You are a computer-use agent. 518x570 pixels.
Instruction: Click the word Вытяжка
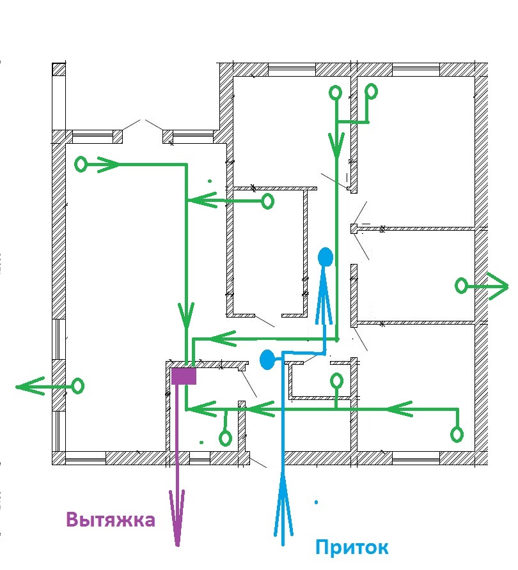coord(111,520)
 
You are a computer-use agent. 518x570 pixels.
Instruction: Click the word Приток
coord(352,548)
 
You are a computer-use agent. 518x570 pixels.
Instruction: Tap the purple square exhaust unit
coord(184,376)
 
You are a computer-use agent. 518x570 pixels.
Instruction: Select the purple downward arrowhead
coord(177,518)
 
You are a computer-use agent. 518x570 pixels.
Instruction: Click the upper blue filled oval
coord(326,257)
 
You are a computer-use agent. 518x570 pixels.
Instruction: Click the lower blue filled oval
coord(267,360)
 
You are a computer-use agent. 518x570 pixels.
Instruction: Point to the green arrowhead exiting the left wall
coord(30,386)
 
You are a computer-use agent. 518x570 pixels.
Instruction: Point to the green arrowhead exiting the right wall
coord(498,286)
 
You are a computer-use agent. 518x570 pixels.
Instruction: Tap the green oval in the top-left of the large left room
coord(81,164)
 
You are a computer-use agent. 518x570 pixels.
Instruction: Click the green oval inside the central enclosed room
coord(268,201)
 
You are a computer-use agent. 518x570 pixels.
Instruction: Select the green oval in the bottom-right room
coord(457,435)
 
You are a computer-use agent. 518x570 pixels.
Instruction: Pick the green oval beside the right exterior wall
coord(461,286)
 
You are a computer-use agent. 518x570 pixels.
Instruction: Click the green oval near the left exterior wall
coord(78,386)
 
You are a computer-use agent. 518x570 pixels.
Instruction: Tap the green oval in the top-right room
coord(372,91)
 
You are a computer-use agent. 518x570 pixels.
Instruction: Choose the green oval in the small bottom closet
coord(337,381)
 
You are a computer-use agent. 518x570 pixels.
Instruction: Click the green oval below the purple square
coord(226,438)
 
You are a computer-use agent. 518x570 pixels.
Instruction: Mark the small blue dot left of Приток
coord(316,502)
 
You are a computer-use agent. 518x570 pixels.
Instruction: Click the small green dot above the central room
coord(210,181)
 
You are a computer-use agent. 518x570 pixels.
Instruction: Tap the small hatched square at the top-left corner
coord(59,69)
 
